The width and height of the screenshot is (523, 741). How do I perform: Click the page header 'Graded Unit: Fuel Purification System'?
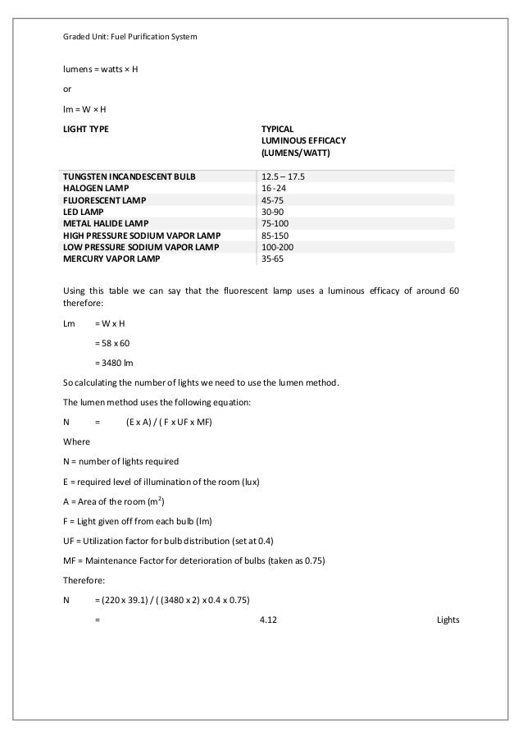click(130, 37)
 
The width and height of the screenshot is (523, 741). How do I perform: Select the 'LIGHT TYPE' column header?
click(86, 129)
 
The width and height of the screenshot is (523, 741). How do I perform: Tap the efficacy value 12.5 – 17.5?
click(282, 176)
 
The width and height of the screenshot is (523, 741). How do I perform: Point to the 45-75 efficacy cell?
click(272, 199)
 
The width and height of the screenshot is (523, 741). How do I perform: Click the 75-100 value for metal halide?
click(275, 223)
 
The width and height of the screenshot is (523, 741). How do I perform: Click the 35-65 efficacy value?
click(272, 258)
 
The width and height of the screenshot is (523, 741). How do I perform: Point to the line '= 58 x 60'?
click(112, 341)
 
